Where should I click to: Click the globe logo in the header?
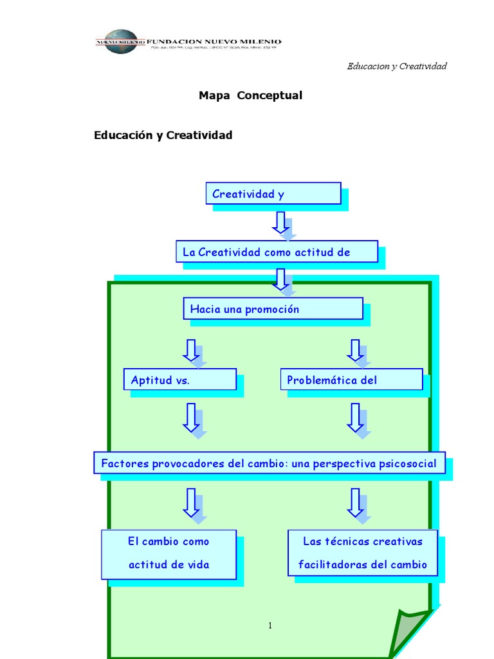[121, 42]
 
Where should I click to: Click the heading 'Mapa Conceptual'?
[250, 95]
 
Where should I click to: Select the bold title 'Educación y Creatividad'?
[163, 135]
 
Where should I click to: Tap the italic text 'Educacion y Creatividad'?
[396, 66]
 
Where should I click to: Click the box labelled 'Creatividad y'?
[273, 194]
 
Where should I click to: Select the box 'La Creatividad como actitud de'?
[277, 252]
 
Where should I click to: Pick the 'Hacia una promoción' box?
[273, 309]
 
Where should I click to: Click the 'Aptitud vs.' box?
[179, 380]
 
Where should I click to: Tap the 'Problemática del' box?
[351, 380]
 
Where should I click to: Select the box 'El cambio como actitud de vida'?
[169, 553]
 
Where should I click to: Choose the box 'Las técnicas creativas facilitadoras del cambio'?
[362, 553]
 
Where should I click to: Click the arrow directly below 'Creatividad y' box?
[280, 222]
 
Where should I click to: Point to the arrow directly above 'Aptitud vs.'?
[190, 350]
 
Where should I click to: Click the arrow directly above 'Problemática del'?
[354, 350]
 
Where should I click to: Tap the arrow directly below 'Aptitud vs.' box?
[190, 418]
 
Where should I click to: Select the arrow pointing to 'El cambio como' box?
[190, 503]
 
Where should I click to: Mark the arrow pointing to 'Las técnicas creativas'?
[354, 503]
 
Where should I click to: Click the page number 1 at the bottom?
[271, 626]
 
